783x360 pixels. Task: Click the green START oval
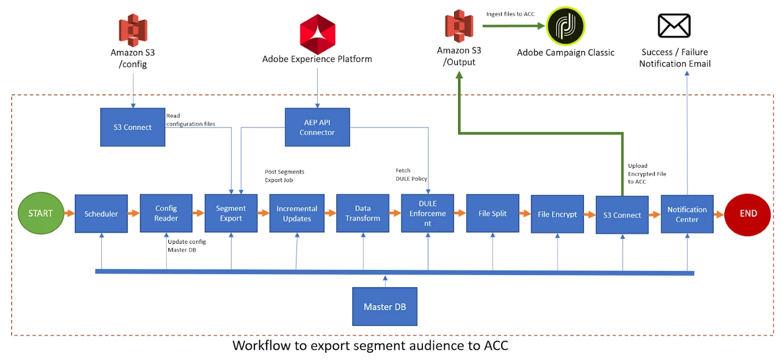(x=40, y=214)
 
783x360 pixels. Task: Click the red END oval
(x=748, y=214)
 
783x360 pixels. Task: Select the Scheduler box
(x=101, y=214)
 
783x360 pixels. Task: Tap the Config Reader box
(x=166, y=214)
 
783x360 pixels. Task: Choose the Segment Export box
(x=231, y=214)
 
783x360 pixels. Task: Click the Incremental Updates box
(x=297, y=214)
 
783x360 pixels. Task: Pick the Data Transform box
(x=362, y=214)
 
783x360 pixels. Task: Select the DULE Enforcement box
(x=427, y=214)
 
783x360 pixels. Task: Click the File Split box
(x=493, y=214)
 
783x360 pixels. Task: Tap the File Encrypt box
(x=557, y=214)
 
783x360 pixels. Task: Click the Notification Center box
(x=687, y=214)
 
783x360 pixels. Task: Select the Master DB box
(x=385, y=307)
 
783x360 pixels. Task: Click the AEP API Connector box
(x=317, y=127)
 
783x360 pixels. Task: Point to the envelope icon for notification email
(x=674, y=26)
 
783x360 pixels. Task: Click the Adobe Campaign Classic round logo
(x=565, y=26)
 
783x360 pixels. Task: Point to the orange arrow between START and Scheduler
(x=69, y=214)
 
